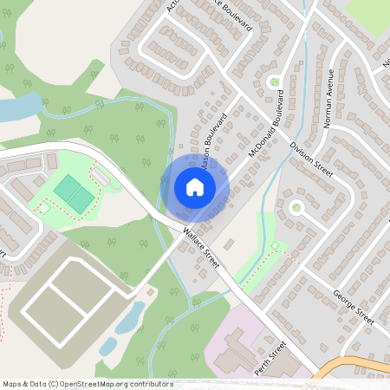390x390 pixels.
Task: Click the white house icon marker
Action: (x=195, y=187)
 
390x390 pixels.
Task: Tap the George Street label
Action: (x=353, y=307)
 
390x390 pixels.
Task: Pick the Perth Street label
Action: (x=270, y=355)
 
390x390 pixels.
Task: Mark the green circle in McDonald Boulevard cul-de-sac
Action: (x=276, y=82)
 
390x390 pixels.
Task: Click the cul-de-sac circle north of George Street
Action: (x=296, y=207)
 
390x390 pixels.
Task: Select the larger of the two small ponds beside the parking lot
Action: (x=131, y=317)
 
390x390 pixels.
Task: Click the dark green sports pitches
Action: (x=74, y=193)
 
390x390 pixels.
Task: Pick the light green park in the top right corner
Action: (x=368, y=11)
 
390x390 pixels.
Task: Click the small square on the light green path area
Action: (x=276, y=247)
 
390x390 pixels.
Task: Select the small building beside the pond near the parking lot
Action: (x=149, y=293)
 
